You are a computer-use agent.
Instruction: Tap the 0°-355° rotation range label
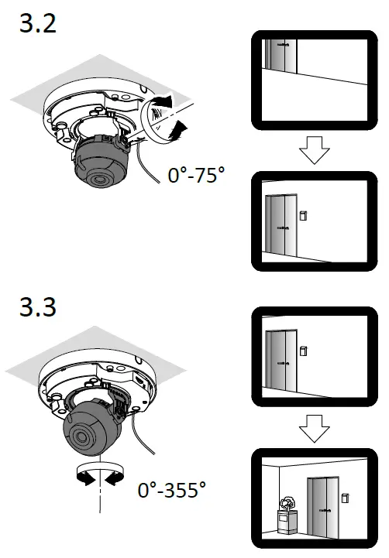172,490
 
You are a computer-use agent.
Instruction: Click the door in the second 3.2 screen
280,226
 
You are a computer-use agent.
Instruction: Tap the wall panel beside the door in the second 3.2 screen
305,213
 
